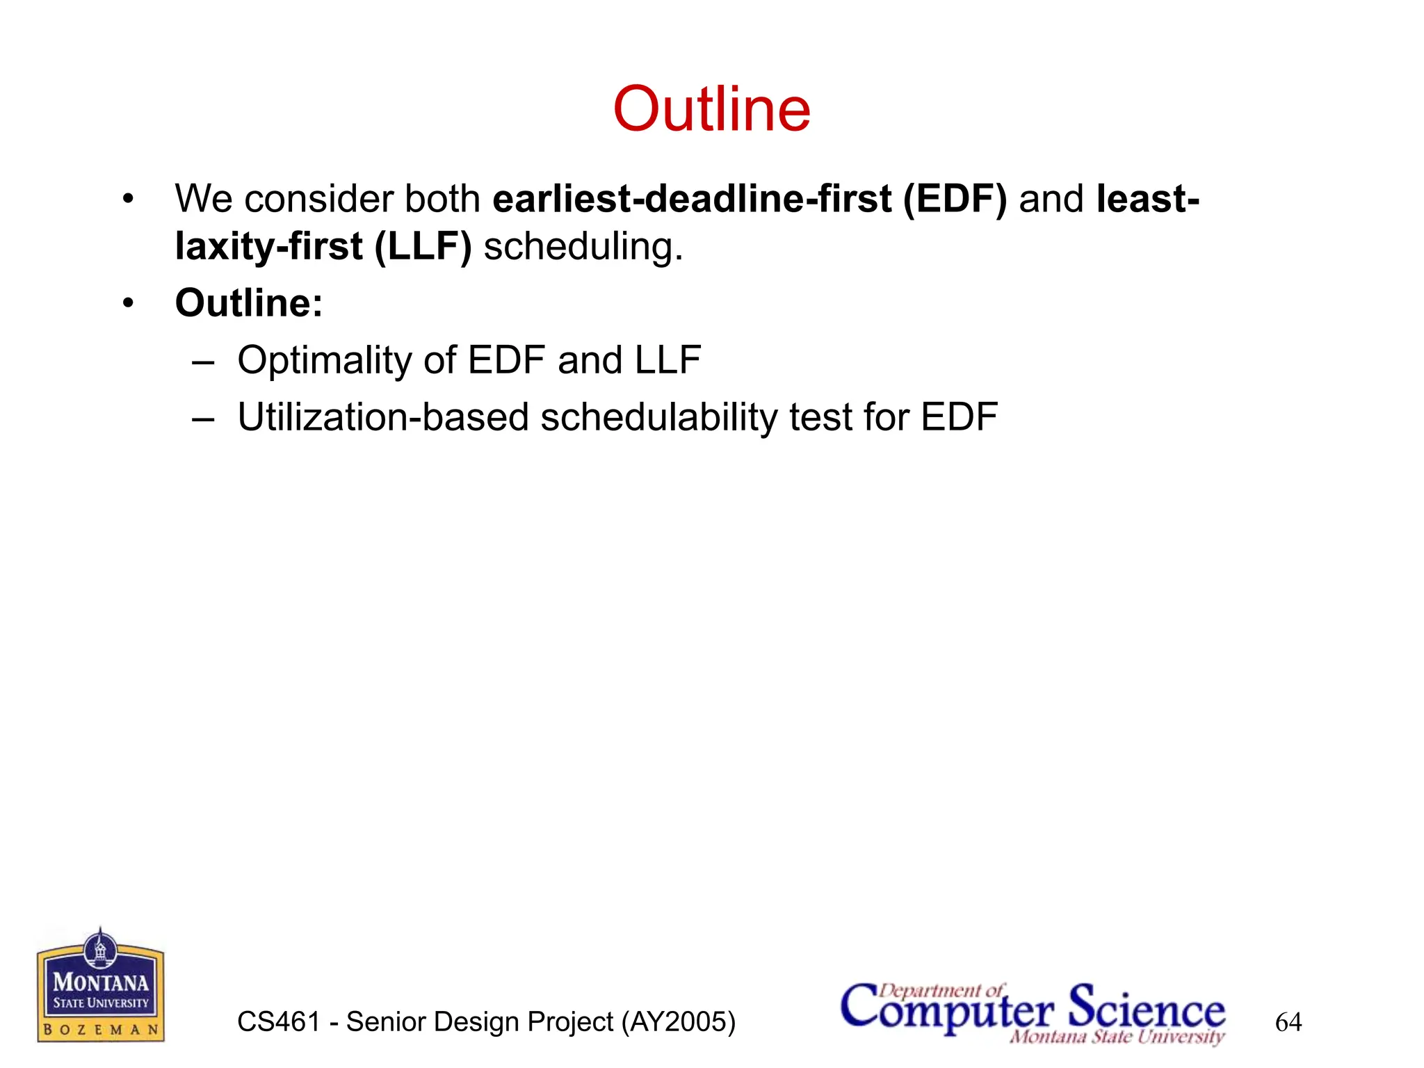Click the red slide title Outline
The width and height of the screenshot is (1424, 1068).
tap(711, 109)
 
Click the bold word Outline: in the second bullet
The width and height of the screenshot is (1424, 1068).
tap(249, 304)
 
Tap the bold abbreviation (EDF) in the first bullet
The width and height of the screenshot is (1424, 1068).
tap(955, 200)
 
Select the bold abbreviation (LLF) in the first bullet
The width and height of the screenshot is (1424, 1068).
tap(423, 248)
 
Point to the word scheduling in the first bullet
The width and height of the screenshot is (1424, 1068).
tap(583, 248)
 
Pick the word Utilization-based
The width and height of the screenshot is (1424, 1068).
tap(383, 418)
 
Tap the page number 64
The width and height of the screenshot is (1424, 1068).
tap(1288, 1022)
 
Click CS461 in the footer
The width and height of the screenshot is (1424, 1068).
tap(278, 1022)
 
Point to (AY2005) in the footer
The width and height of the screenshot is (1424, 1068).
tap(678, 1022)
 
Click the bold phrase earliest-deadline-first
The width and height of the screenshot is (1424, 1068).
tap(692, 200)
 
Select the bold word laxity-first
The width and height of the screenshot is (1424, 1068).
tap(268, 248)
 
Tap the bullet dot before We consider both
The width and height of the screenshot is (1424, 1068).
tap(127, 200)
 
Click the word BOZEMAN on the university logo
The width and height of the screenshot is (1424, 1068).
tap(101, 1030)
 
